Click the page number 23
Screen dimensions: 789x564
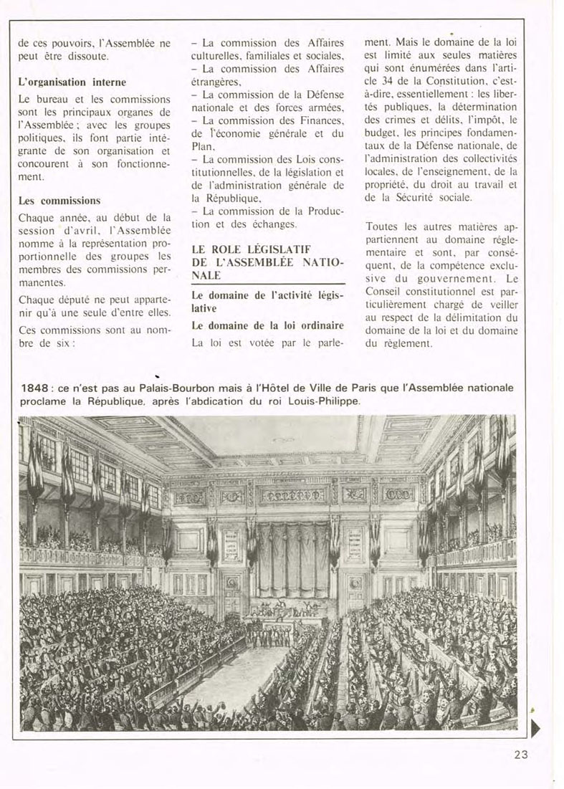pyautogui.click(x=521, y=753)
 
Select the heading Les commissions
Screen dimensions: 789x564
pyautogui.click(x=59, y=201)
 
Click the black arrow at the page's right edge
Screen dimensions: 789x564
pyautogui.click(x=535, y=728)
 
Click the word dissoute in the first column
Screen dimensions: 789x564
pyautogui.click(x=90, y=55)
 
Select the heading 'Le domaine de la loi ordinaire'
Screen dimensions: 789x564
pyautogui.click(x=267, y=325)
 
